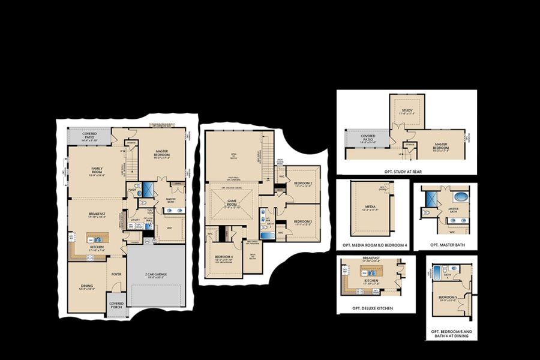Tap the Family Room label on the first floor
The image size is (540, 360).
click(97, 170)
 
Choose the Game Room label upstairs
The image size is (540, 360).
click(231, 205)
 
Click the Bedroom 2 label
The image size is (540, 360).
click(303, 184)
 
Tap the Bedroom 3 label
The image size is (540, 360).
click(303, 223)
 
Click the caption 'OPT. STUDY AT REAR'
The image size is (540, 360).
click(403, 172)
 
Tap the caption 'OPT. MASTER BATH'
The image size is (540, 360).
click(446, 245)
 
